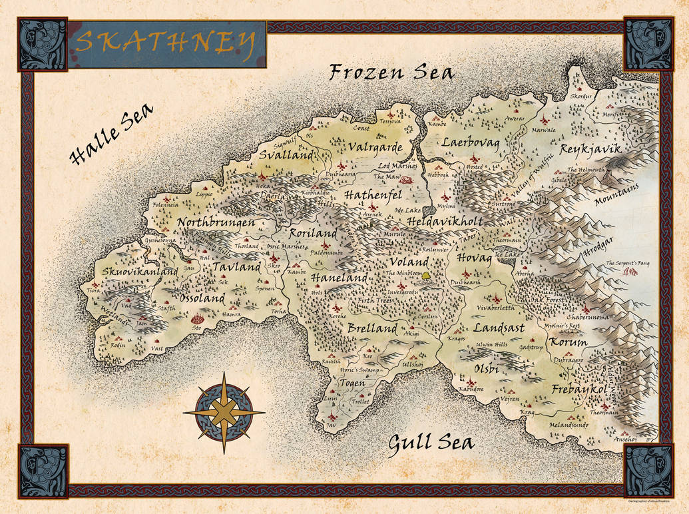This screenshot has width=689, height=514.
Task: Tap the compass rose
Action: click(224, 413)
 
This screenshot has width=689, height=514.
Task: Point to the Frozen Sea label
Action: click(392, 72)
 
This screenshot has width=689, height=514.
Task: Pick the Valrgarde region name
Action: click(375, 147)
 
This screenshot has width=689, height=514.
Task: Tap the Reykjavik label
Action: click(590, 149)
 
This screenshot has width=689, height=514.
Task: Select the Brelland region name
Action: click(372, 328)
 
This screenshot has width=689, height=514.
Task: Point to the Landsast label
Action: click(499, 328)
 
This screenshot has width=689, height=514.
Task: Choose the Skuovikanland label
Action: click(140, 272)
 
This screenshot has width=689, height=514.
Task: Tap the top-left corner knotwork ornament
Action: click(43, 43)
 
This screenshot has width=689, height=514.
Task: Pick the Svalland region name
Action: click(286, 154)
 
